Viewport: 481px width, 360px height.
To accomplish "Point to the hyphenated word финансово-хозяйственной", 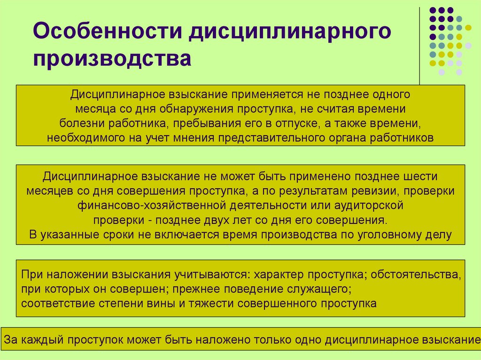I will pos(153,206).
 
